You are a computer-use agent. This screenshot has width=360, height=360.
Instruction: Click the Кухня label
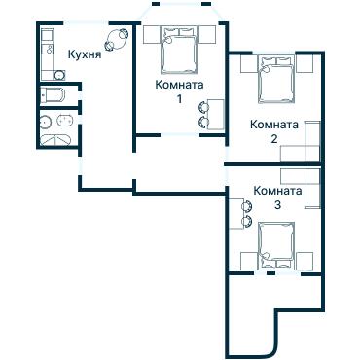pos(85,55)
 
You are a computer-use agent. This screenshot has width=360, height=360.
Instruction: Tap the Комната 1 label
pos(179,91)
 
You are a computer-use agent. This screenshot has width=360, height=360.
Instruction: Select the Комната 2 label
pos(274,130)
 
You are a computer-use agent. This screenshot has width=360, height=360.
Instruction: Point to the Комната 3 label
pos(276,198)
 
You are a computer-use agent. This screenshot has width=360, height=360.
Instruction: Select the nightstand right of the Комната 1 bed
pos(207,36)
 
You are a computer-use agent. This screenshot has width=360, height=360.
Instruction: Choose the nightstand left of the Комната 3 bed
pos(248,259)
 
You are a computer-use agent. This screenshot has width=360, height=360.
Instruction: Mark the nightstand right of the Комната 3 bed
pos(306,259)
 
